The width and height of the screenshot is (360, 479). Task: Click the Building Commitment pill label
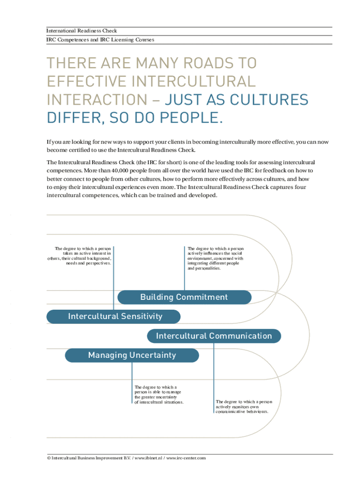184,297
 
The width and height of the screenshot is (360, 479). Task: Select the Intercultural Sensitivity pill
113,317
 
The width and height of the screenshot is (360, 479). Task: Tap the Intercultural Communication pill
214,336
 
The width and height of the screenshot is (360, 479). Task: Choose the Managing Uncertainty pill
132,356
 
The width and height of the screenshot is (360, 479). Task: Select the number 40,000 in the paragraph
120,170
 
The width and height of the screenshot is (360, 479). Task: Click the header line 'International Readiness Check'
81,30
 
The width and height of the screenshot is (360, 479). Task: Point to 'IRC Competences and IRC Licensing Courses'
100,40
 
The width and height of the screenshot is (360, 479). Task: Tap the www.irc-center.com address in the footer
186,458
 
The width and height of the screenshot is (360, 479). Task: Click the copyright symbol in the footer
49,458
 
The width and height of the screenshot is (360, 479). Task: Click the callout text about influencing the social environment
216,258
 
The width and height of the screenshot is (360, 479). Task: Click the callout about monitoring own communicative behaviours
244,406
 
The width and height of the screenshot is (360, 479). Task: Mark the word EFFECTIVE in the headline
86,81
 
